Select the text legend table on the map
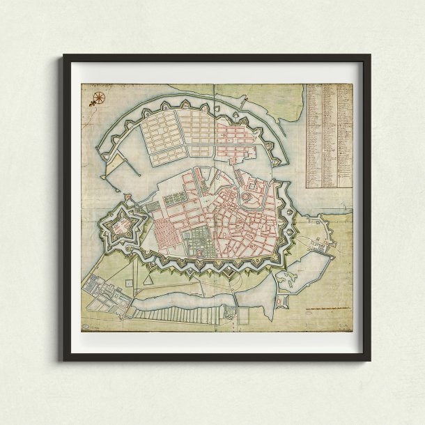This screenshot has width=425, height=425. coord(327,136)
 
